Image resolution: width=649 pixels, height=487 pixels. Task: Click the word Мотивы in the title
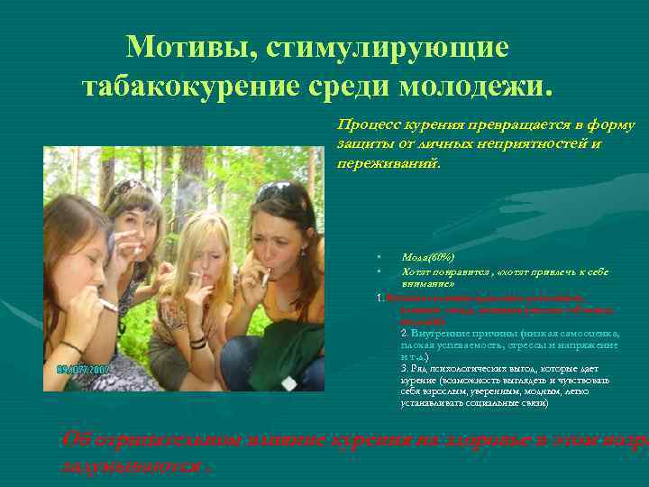185,47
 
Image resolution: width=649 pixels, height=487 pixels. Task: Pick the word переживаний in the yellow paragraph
387,163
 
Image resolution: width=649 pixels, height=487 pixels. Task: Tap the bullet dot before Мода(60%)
381,258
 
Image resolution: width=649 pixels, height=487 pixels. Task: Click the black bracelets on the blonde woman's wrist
198,341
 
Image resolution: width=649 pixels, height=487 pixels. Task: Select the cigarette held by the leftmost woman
106,305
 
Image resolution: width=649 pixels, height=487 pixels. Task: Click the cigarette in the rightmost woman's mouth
265,276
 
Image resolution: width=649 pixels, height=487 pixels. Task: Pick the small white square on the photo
288,382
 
